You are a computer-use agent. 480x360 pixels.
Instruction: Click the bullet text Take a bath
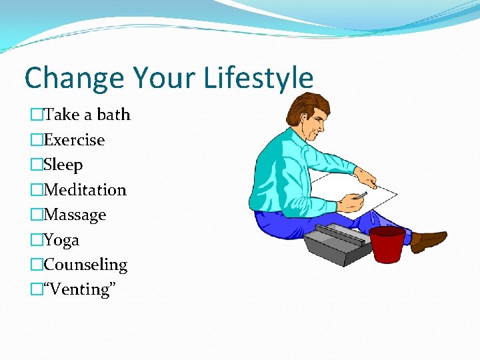tap(87, 115)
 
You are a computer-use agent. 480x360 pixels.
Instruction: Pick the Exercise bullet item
tap(74, 140)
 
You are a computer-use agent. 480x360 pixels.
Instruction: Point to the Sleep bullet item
tap(63, 165)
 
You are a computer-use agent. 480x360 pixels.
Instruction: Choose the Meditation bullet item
tap(85, 190)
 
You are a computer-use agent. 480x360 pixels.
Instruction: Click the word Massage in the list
tap(75, 215)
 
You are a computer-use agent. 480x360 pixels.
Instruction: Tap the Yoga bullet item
tap(61, 240)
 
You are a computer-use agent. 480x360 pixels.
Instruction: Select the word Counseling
tap(85, 265)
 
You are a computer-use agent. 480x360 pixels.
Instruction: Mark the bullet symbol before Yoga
tap(36, 240)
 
